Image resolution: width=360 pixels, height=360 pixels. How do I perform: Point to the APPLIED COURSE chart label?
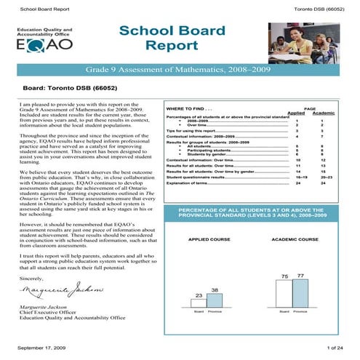[209, 239]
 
